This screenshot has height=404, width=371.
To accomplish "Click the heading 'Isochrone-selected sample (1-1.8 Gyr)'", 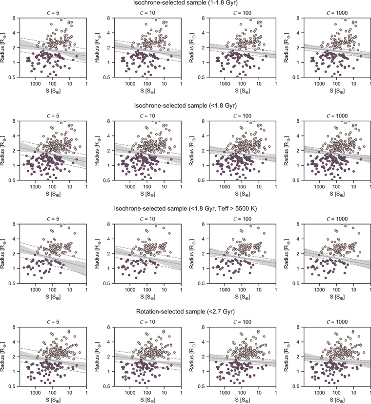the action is click(x=185, y=3).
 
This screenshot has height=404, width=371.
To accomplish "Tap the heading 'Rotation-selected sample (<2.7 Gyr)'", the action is click(x=185, y=312).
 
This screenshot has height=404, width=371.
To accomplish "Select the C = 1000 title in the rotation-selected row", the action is click(x=337, y=322).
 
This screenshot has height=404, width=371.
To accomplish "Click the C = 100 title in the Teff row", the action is click(x=243, y=219).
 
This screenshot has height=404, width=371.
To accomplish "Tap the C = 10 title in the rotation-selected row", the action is click(x=148, y=322).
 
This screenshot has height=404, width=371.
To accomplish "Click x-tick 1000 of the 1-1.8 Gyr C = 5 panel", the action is click(x=35, y=84).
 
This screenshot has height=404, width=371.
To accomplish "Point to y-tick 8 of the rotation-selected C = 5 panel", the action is click(x=14, y=327).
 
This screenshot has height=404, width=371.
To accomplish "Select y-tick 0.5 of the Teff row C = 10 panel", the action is click(x=107, y=283).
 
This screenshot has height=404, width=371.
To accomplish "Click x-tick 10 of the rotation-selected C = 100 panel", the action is click(x=259, y=393).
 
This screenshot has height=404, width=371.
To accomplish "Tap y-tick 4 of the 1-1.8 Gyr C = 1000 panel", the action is click(x=298, y=33).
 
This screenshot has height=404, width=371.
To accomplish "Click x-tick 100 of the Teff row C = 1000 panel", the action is click(x=336, y=290).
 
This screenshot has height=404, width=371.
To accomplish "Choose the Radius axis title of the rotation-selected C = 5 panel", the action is click(x=3, y=357).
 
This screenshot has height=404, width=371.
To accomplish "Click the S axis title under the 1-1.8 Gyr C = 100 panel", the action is click(x=243, y=91).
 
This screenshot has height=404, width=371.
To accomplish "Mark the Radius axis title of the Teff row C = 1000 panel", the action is click(x=287, y=254).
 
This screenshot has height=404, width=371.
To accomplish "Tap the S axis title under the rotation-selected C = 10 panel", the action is click(x=148, y=400).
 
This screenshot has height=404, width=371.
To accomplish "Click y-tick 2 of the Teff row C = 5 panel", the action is click(x=14, y=254).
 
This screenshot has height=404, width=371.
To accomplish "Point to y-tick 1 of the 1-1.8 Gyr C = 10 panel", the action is click(x=108, y=63).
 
